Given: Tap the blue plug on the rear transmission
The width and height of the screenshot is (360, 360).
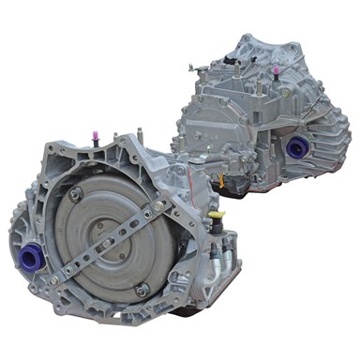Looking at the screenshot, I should pos(299,146).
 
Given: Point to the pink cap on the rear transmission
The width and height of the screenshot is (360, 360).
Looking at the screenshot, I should pos(277,70).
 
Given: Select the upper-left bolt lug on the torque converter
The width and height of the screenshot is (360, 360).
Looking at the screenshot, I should pos(75,195).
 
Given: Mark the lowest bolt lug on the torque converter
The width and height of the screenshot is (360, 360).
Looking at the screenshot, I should pos(142,291).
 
